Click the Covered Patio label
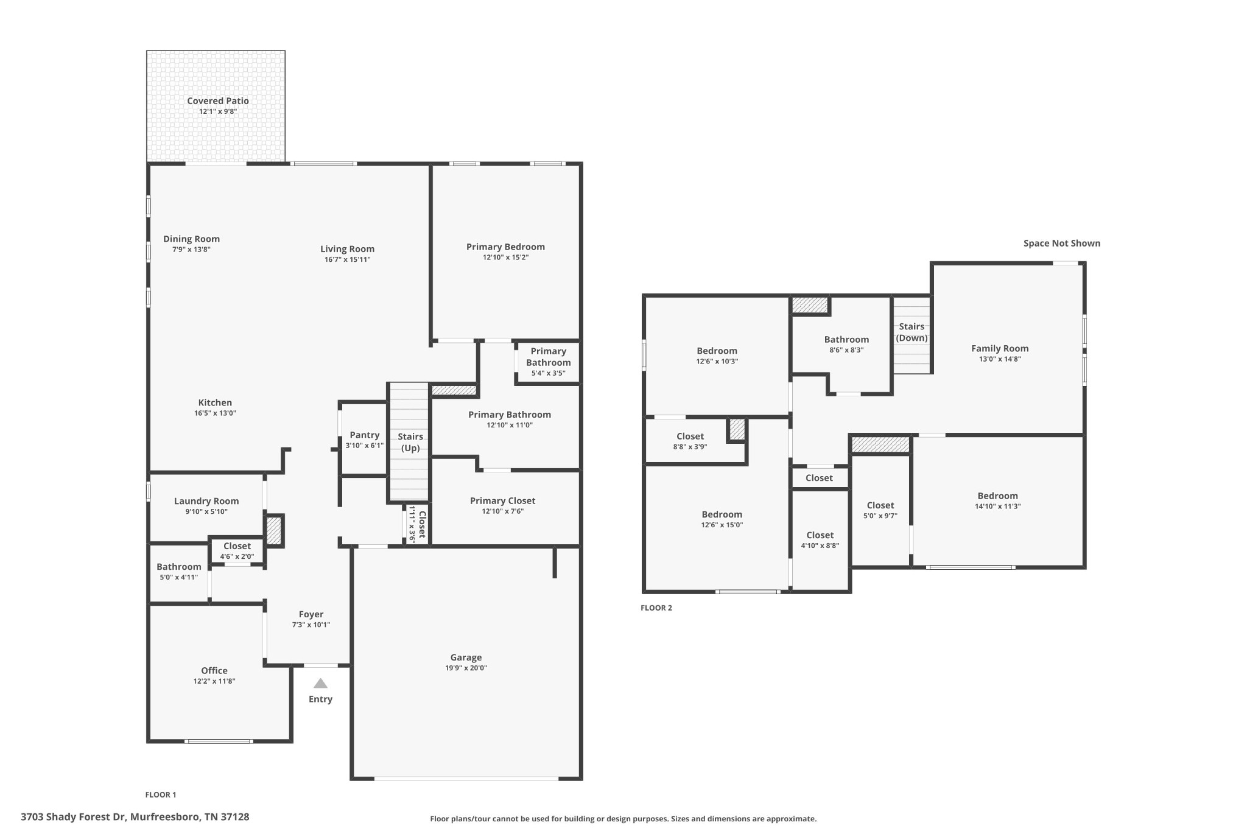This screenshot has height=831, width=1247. point(218,101)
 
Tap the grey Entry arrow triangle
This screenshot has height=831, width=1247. point(320,683)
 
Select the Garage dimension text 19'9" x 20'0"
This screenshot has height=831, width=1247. point(466,668)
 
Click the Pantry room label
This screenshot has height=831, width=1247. point(365,435)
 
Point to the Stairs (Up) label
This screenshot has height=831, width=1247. point(410,442)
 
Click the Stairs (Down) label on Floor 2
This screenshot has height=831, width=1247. point(912,332)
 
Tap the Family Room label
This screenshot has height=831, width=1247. point(1000,348)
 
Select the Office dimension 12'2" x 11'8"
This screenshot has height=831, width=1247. point(214,681)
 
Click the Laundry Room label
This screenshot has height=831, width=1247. point(206,501)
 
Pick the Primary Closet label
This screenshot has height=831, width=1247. point(502,501)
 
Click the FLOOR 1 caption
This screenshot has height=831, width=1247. point(161,794)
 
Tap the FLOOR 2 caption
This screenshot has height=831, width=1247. point(656,608)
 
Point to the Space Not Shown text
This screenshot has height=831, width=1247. point(1062,244)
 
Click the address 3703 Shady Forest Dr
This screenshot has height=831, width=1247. point(74,817)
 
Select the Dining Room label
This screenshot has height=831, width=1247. point(191,239)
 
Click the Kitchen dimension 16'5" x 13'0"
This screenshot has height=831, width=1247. point(215,413)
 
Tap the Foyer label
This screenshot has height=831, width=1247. point(311,614)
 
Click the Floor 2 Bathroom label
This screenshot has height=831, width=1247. point(846,340)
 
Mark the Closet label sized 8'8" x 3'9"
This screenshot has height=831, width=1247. point(690,437)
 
